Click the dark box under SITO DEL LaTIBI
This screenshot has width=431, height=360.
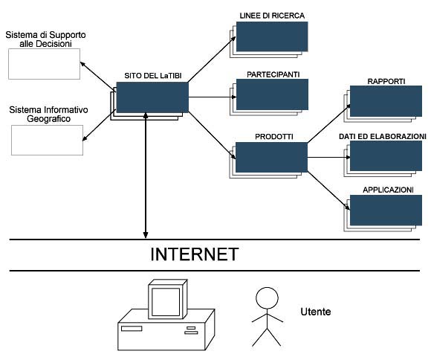(x=152, y=97)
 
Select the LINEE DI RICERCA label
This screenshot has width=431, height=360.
(x=272, y=16)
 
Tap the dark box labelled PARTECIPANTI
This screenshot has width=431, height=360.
(x=272, y=94)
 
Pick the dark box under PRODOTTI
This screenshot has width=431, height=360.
(x=271, y=157)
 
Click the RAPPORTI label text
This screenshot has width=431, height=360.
(x=386, y=82)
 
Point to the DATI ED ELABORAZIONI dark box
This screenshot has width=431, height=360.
(x=386, y=155)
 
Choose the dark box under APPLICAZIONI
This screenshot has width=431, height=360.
(x=386, y=210)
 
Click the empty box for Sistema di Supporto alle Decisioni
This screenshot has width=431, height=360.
(x=45, y=64)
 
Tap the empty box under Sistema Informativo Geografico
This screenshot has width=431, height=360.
(x=47, y=140)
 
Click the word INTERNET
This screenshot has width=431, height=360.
(x=195, y=254)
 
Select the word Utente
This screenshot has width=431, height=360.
(x=316, y=312)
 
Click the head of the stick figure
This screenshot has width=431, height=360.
(x=267, y=298)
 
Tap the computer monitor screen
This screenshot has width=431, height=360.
(x=166, y=302)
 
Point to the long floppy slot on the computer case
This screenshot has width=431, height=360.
(x=132, y=329)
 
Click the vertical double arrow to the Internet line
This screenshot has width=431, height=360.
(x=146, y=176)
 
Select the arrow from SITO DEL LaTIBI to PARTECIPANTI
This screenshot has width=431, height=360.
(x=213, y=97)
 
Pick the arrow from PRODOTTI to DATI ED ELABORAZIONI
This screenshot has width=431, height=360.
(x=328, y=157)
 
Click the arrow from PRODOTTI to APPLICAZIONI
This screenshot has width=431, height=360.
(x=328, y=190)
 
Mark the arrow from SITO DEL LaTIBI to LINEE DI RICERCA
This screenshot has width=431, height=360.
(x=212, y=60)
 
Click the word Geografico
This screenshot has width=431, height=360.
(x=48, y=119)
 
